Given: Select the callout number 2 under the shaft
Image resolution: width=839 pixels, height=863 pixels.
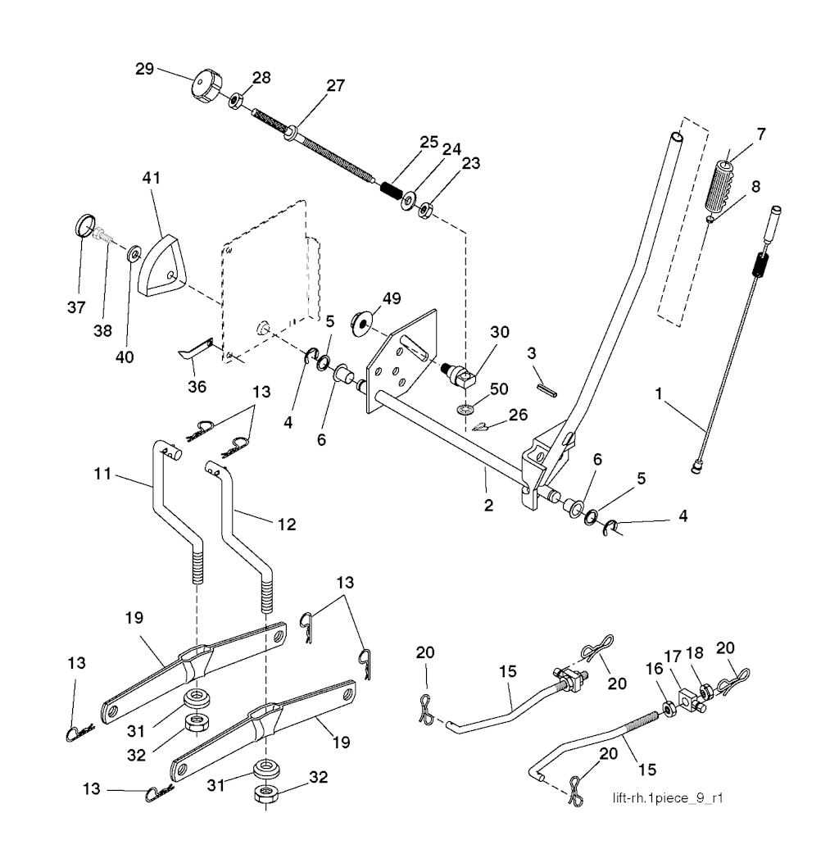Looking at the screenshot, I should (x=488, y=505).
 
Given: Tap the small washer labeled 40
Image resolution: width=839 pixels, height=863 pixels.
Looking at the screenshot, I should (x=132, y=256).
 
